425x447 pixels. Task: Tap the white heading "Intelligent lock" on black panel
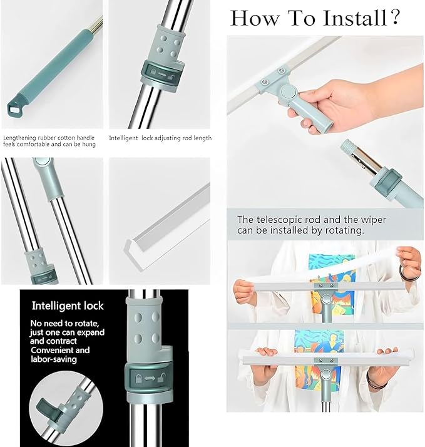(68, 306)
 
